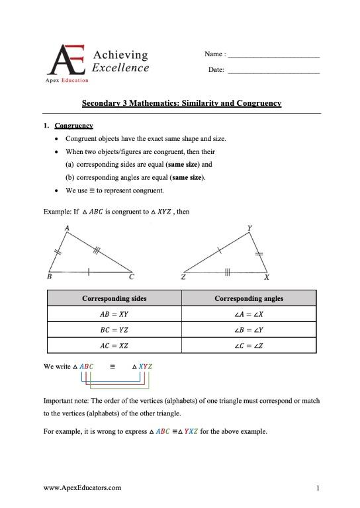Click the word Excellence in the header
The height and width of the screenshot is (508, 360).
pyautogui.click(x=120, y=67)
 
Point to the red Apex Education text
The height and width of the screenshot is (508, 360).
pyautogui.click(x=66, y=81)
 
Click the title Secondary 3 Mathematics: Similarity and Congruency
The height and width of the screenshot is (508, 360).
pyautogui.click(x=181, y=104)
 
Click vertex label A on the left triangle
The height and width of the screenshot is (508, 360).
pyautogui.click(x=67, y=228)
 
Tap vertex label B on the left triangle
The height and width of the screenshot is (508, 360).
pyautogui.click(x=50, y=278)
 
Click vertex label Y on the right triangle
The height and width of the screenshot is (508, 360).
pyautogui.click(x=249, y=228)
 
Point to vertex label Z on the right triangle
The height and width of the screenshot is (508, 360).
pyautogui.click(x=183, y=278)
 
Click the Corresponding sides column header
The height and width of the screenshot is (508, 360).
pyautogui.click(x=114, y=298)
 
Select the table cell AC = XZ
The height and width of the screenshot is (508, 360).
pyautogui.click(x=114, y=346)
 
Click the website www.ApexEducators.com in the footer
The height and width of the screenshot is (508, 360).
pyautogui.click(x=82, y=488)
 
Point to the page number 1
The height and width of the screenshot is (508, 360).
pyautogui.click(x=318, y=489)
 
